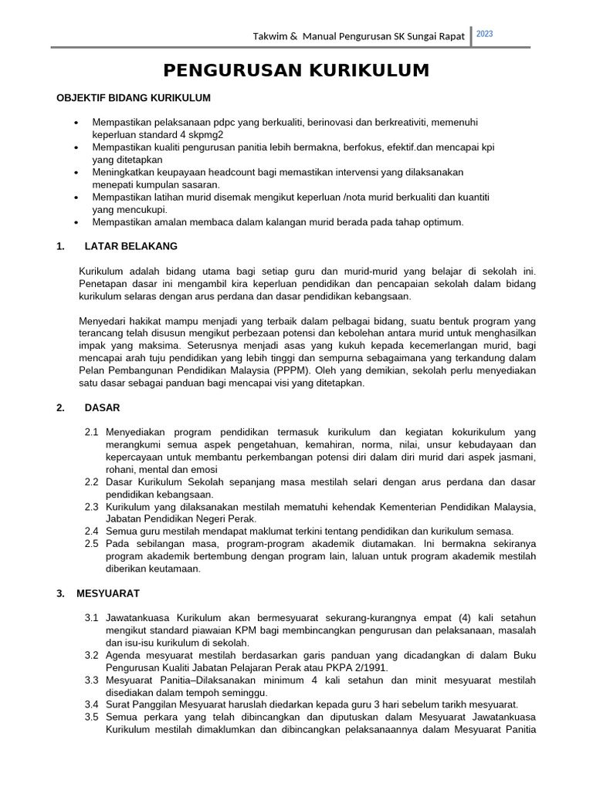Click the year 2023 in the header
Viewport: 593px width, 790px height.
pyautogui.click(x=485, y=34)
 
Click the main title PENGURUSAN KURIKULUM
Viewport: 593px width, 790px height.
pyautogui.click(x=296, y=71)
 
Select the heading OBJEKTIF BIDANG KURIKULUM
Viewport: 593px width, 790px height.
pyautogui.click(x=134, y=98)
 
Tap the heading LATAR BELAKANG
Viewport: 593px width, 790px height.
pyautogui.click(x=131, y=246)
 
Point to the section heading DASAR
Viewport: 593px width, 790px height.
pyautogui.click(x=103, y=407)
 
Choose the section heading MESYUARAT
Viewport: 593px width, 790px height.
pyautogui.click(x=108, y=593)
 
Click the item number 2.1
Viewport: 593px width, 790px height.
pyautogui.click(x=92, y=433)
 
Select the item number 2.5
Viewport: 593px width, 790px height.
pyautogui.click(x=92, y=544)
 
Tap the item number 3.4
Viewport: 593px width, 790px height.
pyautogui.click(x=92, y=704)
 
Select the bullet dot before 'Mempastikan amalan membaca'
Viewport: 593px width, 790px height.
pyautogui.click(x=76, y=222)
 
